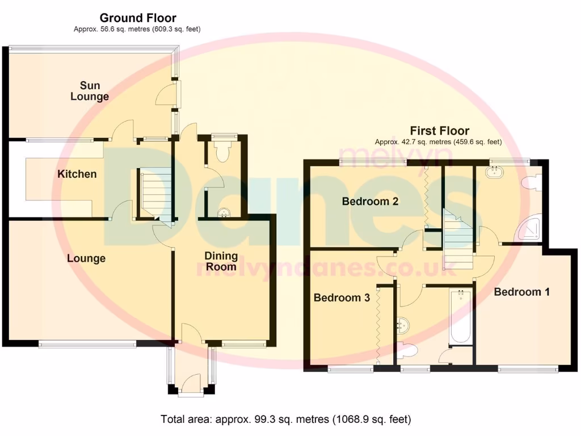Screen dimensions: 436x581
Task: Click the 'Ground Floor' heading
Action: click(x=138, y=18)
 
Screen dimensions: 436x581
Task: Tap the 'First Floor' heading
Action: click(x=440, y=131)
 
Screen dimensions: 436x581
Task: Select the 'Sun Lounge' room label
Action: click(x=90, y=91)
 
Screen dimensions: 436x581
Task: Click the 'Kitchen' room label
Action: click(x=77, y=174)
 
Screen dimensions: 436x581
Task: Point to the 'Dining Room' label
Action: click(x=221, y=261)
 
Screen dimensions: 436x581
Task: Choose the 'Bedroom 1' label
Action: click(x=521, y=292)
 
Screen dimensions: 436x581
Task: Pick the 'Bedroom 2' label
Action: click(x=369, y=201)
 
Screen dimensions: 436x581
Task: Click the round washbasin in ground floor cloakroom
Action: click(x=224, y=213)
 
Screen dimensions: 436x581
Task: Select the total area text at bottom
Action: click(x=286, y=420)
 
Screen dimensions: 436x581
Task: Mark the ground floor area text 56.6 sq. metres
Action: click(x=137, y=29)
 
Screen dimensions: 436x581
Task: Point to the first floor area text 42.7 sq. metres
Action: click(x=438, y=142)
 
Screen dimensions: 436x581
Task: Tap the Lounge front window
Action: click(x=87, y=343)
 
